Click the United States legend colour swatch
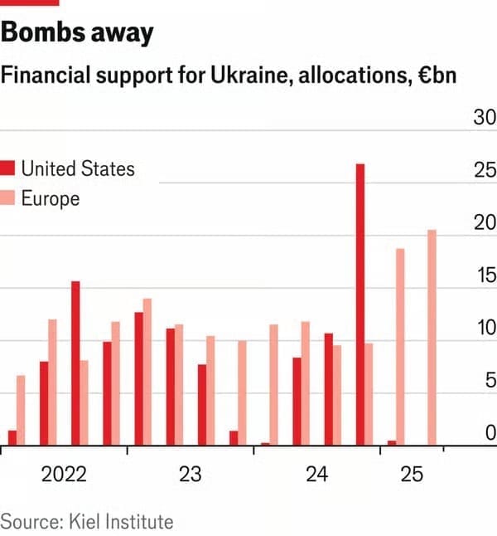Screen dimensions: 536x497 point(8,169)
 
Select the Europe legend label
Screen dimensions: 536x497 point(50,198)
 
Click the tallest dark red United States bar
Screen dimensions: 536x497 point(360,304)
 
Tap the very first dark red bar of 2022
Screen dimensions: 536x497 point(12,437)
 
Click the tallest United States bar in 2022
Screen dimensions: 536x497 point(75,363)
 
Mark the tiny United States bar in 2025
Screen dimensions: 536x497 point(392,442)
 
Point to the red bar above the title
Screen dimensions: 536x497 point(30,2)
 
